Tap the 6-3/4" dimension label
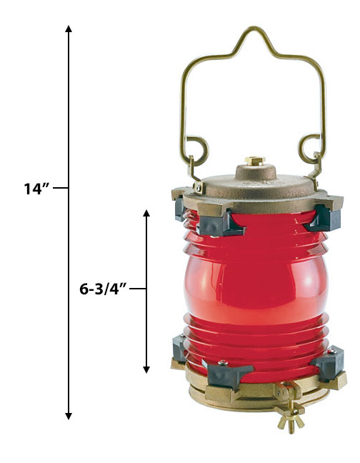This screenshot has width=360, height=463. (103, 289)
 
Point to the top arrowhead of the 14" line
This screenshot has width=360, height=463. (69, 29)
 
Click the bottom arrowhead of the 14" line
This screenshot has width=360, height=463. (69, 416)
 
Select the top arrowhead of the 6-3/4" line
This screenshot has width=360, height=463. (146, 213)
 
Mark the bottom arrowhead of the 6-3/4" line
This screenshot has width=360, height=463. (146, 369)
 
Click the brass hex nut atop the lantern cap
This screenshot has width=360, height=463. (255, 161)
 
